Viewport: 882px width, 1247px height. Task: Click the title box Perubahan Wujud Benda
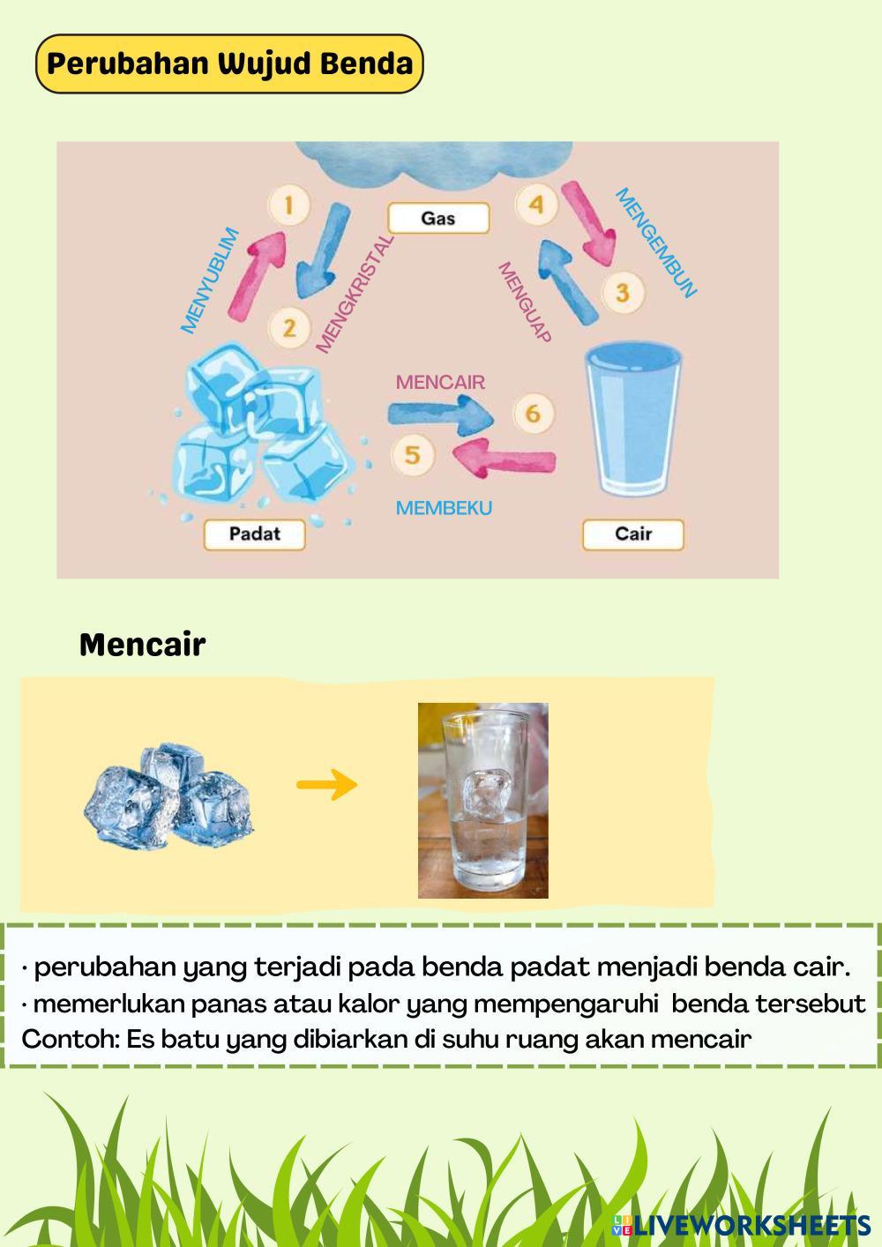[229, 63]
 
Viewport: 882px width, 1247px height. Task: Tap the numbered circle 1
[288, 206]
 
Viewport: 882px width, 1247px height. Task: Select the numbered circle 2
[289, 328]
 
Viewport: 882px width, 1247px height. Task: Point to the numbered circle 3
[623, 292]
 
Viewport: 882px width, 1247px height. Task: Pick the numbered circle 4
[535, 205]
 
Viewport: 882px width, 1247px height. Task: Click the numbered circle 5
[412, 454]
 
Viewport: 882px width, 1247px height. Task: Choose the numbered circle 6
[533, 413]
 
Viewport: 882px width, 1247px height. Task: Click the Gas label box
[438, 218]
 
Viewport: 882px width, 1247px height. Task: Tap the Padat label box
[254, 534]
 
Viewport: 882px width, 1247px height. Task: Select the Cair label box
[632, 534]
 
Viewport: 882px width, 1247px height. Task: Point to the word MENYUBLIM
[210, 280]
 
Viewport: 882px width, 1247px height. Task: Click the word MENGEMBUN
[656, 243]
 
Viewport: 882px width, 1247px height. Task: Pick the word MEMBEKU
[444, 508]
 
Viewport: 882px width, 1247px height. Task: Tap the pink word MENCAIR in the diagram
[440, 382]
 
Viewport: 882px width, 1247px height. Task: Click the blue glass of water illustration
[635, 419]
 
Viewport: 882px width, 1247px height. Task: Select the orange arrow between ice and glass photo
[327, 784]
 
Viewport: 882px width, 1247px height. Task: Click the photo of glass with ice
[482, 800]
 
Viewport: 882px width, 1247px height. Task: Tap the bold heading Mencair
[142, 645]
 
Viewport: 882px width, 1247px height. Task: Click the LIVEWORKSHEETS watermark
[742, 1224]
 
